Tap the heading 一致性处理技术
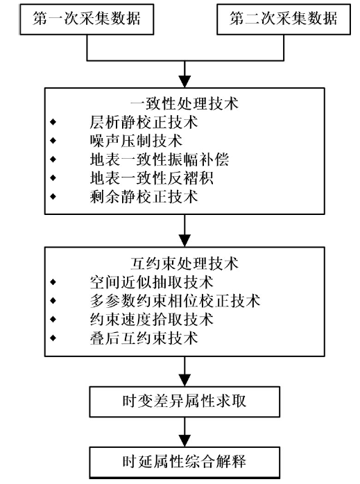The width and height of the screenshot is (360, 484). click(x=185, y=103)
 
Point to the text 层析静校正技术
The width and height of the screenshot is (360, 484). click(x=144, y=122)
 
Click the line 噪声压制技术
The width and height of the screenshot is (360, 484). click(x=136, y=141)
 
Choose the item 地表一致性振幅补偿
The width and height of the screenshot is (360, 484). click(x=160, y=159)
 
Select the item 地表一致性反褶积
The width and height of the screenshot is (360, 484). click(x=152, y=178)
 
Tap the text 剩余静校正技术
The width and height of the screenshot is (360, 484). click(x=144, y=197)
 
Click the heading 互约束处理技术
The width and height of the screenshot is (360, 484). click(x=185, y=263)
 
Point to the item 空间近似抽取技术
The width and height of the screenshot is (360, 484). click(x=152, y=282)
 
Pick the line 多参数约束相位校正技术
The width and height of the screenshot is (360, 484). click(x=175, y=300)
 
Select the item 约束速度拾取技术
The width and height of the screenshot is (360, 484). click(x=152, y=319)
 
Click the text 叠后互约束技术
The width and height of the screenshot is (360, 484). click(x=144, y=338)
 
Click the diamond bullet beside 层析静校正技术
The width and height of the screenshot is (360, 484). click(x=53, y=122)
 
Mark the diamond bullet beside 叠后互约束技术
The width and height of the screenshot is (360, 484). click(x=53, y=338)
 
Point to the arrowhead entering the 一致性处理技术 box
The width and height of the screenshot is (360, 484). click(x=185, y=82)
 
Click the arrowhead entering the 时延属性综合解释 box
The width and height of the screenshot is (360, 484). click(x=185, y=440)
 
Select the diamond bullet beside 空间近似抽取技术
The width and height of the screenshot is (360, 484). click(x=53, y=282)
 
